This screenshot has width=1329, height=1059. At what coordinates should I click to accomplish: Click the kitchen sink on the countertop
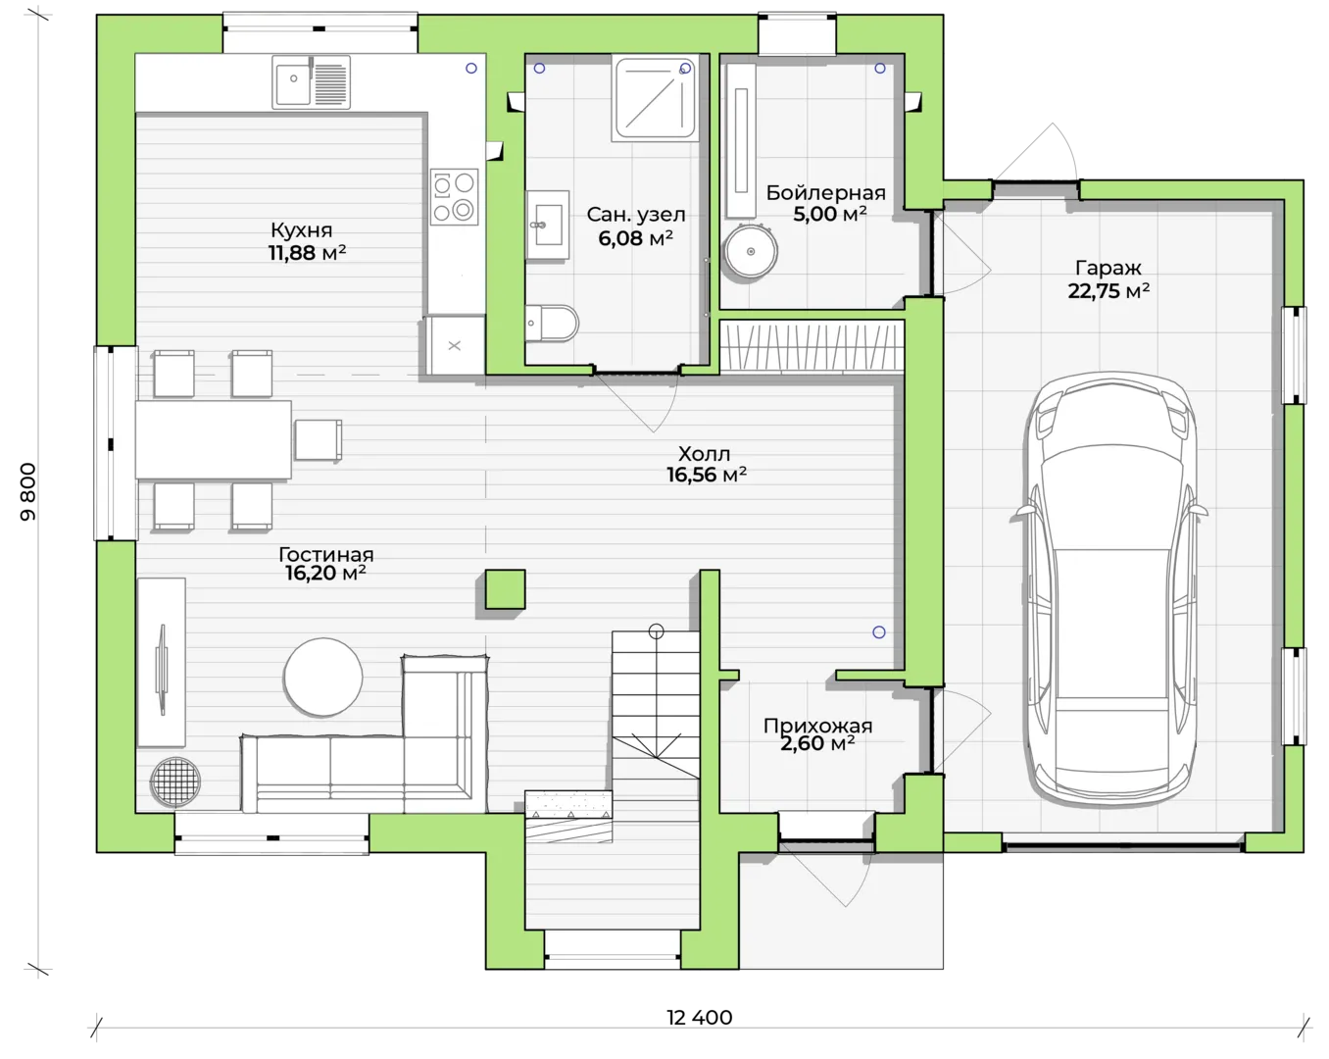coord(312,82)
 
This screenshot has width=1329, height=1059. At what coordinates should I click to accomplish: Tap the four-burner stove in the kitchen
coord(454,196)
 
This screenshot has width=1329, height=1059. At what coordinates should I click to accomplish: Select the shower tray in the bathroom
coord(656,98)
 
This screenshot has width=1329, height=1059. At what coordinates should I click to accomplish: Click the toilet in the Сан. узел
coord(552,323)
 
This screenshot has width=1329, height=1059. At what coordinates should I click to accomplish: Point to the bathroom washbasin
coord(547,225)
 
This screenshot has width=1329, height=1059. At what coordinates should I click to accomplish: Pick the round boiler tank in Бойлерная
coord(751,251)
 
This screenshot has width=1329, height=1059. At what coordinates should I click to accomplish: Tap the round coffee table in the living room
coord(323,678)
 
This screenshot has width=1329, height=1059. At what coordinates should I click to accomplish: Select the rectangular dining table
coord(213,439)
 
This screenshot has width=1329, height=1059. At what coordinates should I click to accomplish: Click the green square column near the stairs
coord(505,589)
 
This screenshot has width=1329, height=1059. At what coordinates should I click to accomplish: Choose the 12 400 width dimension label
coord(700,1018)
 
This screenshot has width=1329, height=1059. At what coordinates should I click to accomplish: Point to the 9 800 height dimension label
coord(28,492)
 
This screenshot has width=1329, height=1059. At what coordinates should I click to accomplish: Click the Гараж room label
coord(1108,268)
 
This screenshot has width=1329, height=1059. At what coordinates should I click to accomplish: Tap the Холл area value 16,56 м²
coord(707,475)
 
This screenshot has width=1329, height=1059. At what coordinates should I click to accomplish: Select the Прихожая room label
coord(817,726)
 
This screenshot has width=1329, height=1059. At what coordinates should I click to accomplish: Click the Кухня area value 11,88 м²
coord(307,253)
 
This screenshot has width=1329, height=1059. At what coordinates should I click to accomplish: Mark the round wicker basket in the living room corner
coord(175,782)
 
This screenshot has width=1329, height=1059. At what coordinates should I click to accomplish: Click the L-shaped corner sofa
coord(365,734)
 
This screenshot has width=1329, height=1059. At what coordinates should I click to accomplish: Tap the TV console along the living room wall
coord(161,662)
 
